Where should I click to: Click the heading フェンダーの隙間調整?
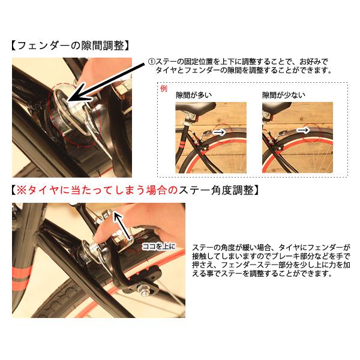tap(71, 46)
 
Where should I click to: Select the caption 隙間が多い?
tap(193, 95)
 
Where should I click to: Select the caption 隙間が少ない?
tap(283, 95)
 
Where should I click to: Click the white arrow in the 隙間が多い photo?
tap(220, 130)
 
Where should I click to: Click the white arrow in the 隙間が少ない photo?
tap(305, 129)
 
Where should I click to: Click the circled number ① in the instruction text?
tap(152, 62)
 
